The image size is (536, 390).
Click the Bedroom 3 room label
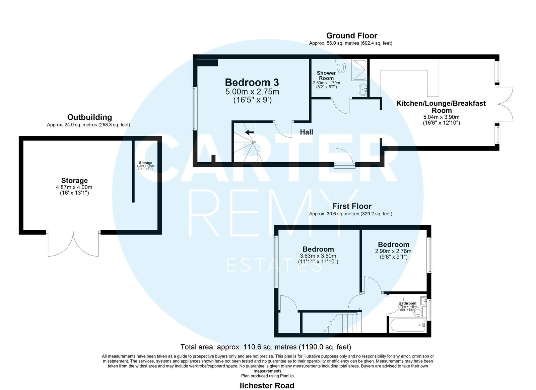(252, 82)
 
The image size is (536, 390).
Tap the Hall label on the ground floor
(307, 132)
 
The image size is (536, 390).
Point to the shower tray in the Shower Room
(359, 70)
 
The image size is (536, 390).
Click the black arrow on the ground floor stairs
(250, 132)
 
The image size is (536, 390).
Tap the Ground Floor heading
(351, 36)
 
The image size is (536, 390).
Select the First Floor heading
(352, 206)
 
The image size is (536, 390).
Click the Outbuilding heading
(89, 117)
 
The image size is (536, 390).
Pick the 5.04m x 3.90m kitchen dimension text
(441, 117)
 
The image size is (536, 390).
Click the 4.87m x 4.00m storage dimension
(74, 187)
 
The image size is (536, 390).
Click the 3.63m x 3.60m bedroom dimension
(318, 256)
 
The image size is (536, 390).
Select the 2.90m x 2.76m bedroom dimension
(393, 251)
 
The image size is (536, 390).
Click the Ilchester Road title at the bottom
(267, 385)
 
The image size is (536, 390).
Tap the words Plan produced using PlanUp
(268, 376)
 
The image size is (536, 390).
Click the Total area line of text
(266, 347)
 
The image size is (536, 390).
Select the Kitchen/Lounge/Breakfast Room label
(441, 107)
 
